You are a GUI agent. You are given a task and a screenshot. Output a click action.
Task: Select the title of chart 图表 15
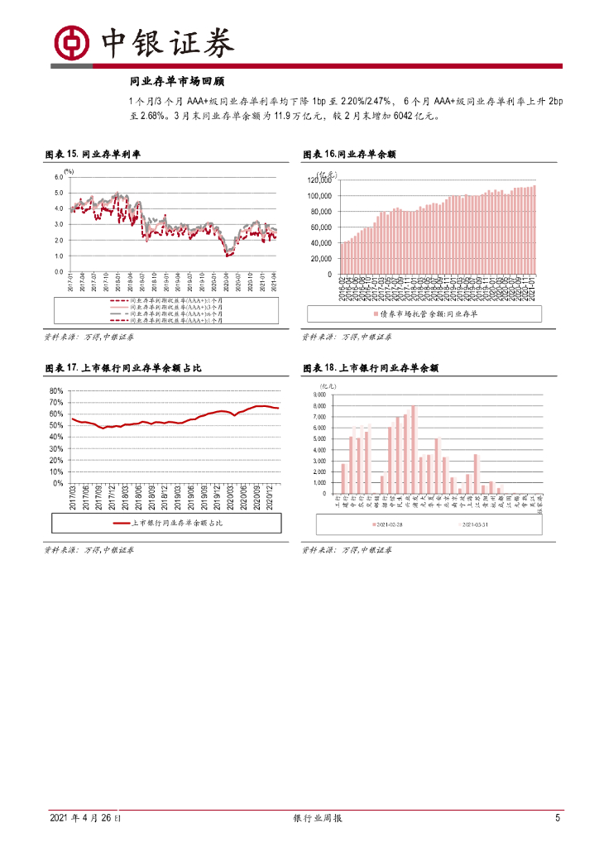point(92,154)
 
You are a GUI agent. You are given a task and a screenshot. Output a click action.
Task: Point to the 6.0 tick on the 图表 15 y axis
point(59,177)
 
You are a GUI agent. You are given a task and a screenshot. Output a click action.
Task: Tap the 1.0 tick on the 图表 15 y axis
point(59,256)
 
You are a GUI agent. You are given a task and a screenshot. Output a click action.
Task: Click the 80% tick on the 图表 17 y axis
point(57,390)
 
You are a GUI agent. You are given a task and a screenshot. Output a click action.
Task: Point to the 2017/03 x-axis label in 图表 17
point(73,499)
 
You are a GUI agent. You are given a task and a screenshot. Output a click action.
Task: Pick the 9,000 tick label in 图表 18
point(321,395)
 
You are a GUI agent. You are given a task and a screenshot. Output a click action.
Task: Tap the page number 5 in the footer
point(558,818)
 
